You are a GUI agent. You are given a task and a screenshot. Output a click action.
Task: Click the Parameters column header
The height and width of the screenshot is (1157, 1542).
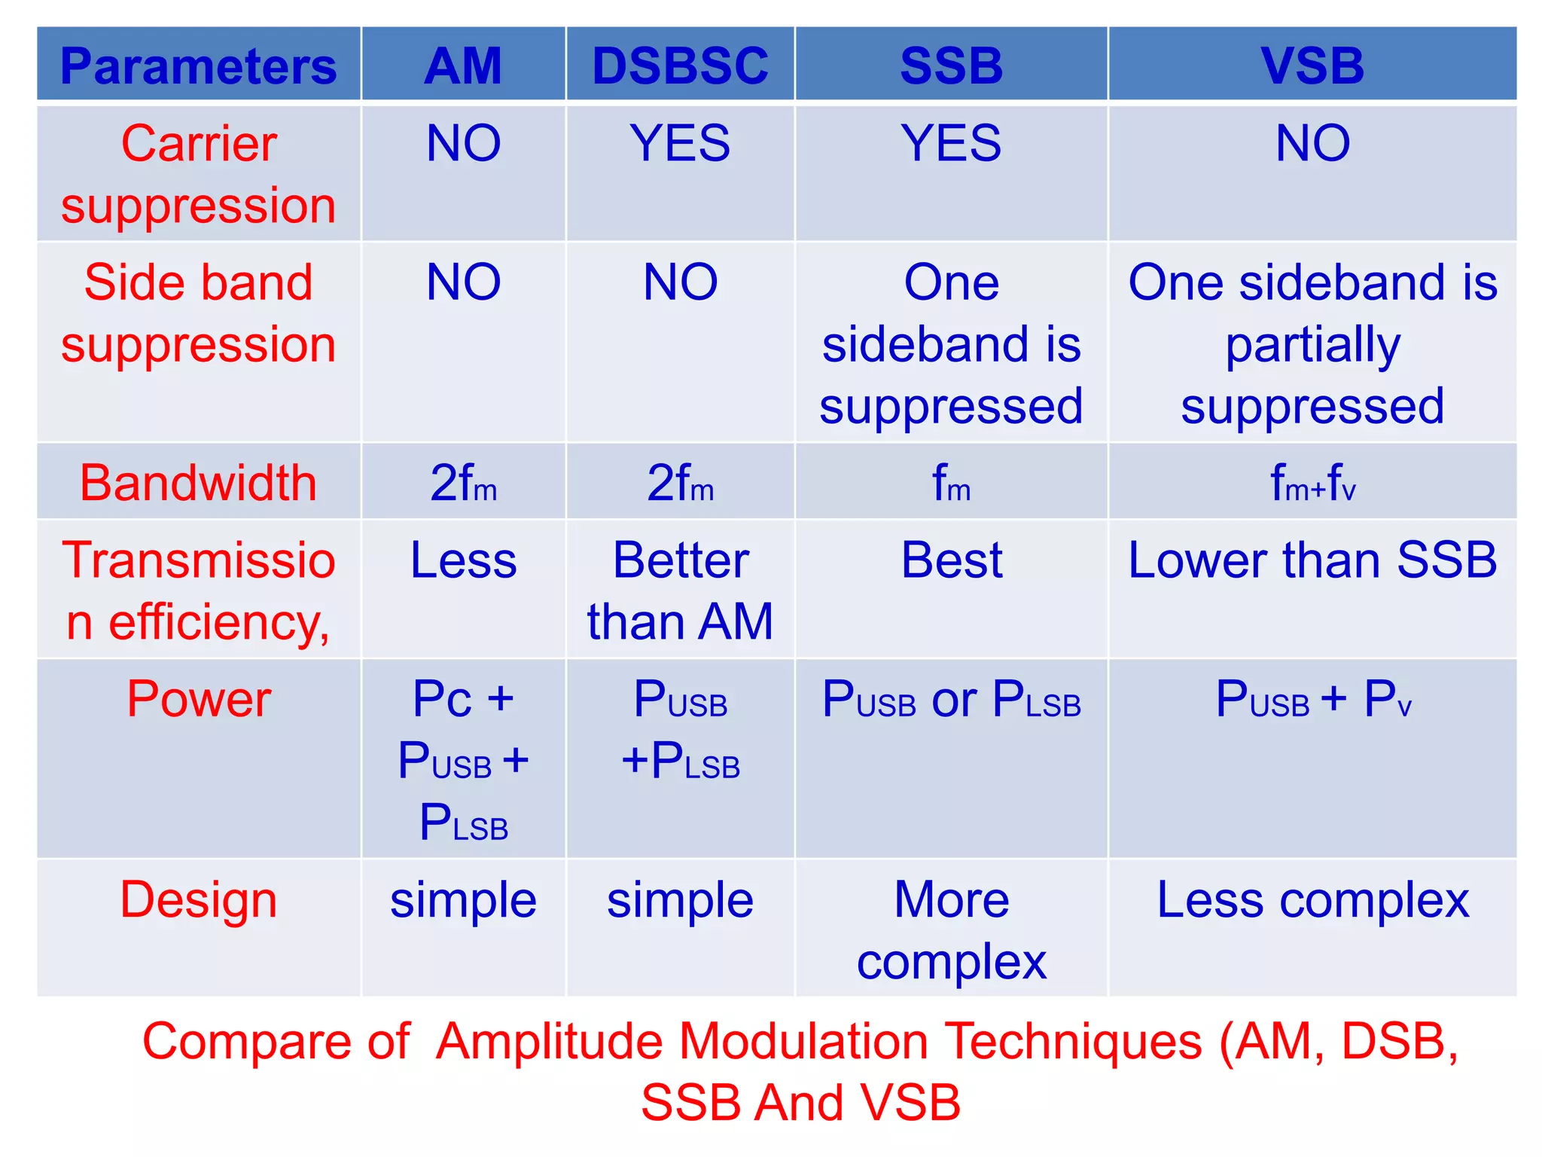pyautogui.click(x=198, y=66)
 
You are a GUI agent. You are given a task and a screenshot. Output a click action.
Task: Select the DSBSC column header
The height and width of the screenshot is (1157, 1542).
pyautogui.click(x=680, y=66)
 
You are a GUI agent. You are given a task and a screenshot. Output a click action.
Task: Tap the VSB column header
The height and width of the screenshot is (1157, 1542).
pyautogui.click(x=1312, y=66)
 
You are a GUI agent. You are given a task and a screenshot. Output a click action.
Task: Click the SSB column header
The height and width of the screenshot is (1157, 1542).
pyautogui.click(x=951, y=66)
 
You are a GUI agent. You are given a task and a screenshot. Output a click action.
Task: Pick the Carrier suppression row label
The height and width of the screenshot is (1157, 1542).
pyautogui.click(x=198, y=174)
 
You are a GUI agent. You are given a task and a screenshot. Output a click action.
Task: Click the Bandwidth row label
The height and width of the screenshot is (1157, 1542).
pyautogui.click(x=198, y=483)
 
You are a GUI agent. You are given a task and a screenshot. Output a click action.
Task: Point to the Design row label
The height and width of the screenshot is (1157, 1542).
pyautogui.click(x=198, y=900)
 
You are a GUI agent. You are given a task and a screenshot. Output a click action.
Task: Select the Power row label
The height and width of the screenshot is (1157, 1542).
pyautogui.click(x=198, y=699)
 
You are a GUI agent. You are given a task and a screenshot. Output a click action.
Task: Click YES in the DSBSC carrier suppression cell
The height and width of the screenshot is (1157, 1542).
pyautogui.click(x=680, y=143)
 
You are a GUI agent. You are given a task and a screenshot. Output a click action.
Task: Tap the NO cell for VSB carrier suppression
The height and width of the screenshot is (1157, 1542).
pyautogui.click(x=1312, y=143)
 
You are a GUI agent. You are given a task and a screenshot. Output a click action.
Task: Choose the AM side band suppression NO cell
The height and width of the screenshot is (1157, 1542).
pyautogui.click(x=463, y=282)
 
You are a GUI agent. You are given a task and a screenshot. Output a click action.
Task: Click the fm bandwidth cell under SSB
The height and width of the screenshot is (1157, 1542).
pyautogui.click(x=951, y=483)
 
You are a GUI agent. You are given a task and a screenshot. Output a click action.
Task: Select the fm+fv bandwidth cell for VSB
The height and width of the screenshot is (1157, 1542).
pyautogui.click(x=1312, y=483)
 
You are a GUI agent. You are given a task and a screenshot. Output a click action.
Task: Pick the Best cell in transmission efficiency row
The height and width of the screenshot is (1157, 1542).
pyautogui.click(x=951, y=560)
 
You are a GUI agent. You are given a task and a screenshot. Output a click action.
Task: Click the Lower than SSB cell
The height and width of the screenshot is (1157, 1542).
pyautogui.click(x=1312, y=560)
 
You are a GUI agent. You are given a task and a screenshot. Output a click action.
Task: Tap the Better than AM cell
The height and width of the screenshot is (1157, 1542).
pyautogui.click(x=680, y=591)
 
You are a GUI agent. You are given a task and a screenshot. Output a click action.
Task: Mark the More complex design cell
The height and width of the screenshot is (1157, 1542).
pyautogui.click(x=951, y=931)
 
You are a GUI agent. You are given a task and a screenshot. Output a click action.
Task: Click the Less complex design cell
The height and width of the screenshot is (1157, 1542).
pyautogui.click(x=1312, y=900)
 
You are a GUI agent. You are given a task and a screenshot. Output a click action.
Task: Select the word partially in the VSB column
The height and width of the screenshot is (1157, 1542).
pyautogui.click(x=1312, y=346)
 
